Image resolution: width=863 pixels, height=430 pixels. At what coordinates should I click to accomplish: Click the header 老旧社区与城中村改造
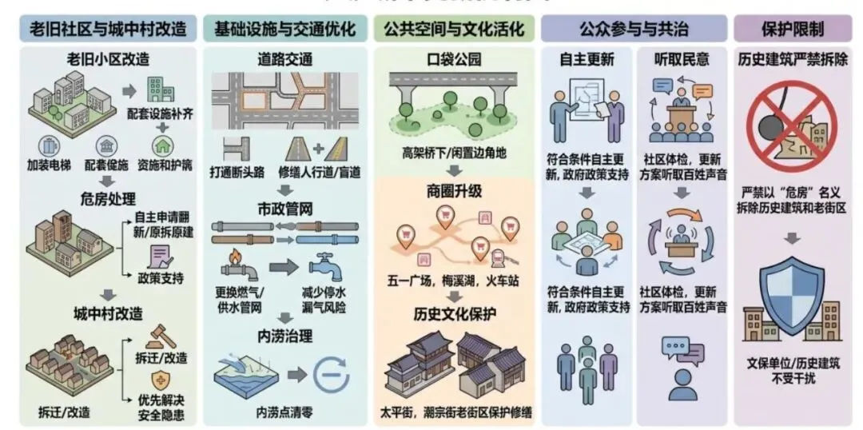(x=109, y=30)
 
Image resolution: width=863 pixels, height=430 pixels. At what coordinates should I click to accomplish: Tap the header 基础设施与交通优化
(x=284, y=30)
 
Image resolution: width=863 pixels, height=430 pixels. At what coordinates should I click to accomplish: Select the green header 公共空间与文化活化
(x=454, y=30)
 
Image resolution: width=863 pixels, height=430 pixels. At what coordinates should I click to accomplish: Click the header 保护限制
(x=793, y=30)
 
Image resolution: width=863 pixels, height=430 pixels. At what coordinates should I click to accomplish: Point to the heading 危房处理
(x=109, y=197)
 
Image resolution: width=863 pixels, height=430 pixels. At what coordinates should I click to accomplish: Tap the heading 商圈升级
(x=455, y=192)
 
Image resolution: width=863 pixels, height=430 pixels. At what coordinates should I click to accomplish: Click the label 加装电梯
(x=50, y=167)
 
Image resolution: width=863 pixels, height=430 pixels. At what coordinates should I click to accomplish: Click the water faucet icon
(x=324, y=266)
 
